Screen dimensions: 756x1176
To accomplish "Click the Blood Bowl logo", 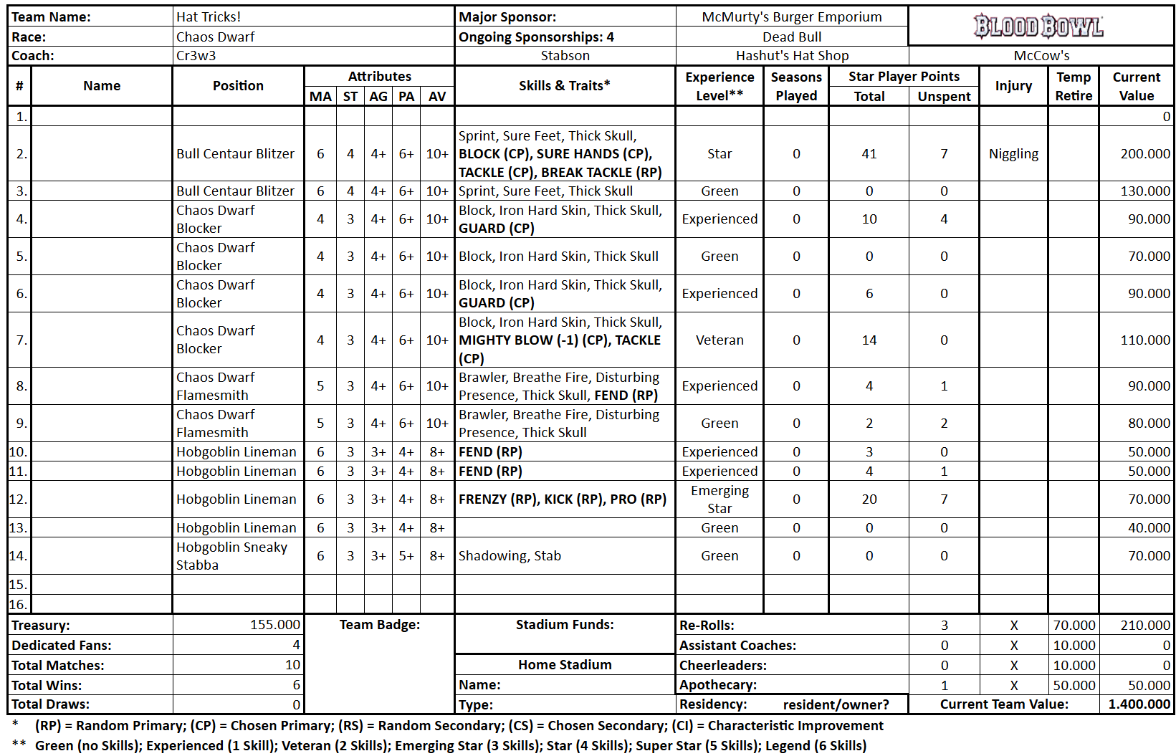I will [1039, 26].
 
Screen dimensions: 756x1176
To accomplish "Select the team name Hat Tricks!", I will [209, 16].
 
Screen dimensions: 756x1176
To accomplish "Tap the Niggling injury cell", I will [1013, 153].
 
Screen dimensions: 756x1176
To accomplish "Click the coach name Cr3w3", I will [196, 55].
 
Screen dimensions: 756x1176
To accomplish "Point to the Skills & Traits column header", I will [565, 85].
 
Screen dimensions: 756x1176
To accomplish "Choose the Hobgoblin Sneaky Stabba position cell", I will [232, 555].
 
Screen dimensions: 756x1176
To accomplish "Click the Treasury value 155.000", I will [275, 625].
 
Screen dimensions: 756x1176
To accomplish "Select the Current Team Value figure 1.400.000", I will [1139, 704].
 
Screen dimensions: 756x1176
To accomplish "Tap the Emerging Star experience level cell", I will [720, 499].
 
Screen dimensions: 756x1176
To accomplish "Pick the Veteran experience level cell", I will [720, 340].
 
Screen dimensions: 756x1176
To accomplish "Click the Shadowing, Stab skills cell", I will [510, 555].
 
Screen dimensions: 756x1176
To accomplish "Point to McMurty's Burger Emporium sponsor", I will [792, 16].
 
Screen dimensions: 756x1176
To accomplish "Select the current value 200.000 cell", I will [1145, 153].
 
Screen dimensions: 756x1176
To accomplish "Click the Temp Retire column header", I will [1074, 86].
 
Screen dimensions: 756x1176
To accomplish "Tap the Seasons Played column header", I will [796, 86].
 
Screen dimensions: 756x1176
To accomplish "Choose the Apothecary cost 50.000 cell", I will [1074, 685].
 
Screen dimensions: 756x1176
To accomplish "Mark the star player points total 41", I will [869, 153].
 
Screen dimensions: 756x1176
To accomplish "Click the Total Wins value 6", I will [296, 685].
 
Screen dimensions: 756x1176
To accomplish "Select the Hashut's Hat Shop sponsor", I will [792, 55].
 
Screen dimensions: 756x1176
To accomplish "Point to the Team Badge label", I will [380, 625].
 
